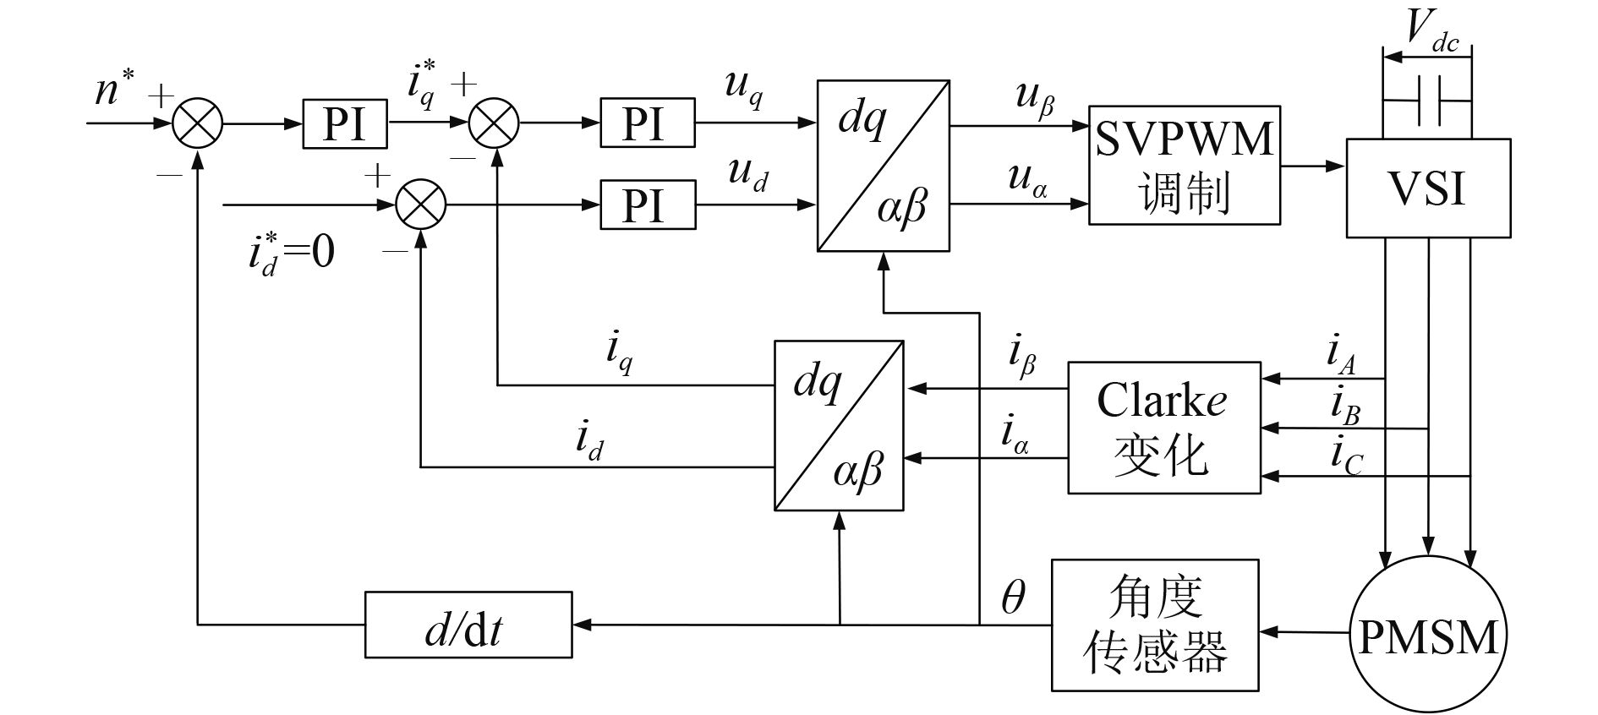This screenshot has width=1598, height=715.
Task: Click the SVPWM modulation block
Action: click(1184, 165)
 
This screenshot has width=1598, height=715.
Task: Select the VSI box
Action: click(1427, 188)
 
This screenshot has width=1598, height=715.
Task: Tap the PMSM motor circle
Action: click(1427, 636)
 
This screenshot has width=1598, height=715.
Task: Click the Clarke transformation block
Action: click(1163, 428)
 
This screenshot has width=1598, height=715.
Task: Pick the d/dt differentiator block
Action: click(468, 625)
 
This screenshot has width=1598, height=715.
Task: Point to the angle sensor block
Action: click(1154, 625)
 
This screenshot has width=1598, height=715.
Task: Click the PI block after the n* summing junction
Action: click(345, 123)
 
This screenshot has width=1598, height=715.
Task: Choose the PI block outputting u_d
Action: click(648, 205)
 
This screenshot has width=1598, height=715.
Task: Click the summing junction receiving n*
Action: click(197, 123)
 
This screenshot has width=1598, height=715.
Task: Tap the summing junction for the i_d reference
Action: click(421, 205)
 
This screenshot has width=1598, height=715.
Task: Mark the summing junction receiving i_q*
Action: click(495, 123)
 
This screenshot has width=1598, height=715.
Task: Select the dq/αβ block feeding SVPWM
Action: click(884, 166)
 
